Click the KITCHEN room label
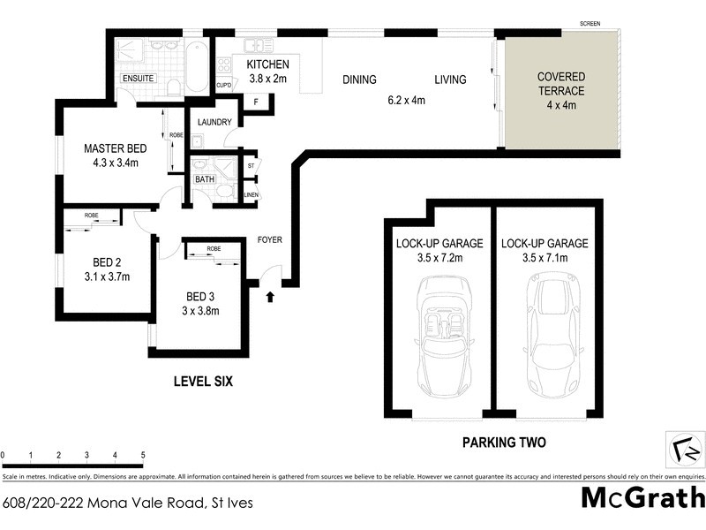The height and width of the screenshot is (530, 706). pos(267,65)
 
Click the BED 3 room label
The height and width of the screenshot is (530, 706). pos(199,295)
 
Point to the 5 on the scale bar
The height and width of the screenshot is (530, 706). pos(143,456)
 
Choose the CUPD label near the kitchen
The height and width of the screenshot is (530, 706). pos(224,86)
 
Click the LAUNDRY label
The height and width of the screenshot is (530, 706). pos(214,122)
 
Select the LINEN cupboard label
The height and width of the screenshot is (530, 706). pos(251,194)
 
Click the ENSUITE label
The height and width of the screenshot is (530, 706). pos(138,79)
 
